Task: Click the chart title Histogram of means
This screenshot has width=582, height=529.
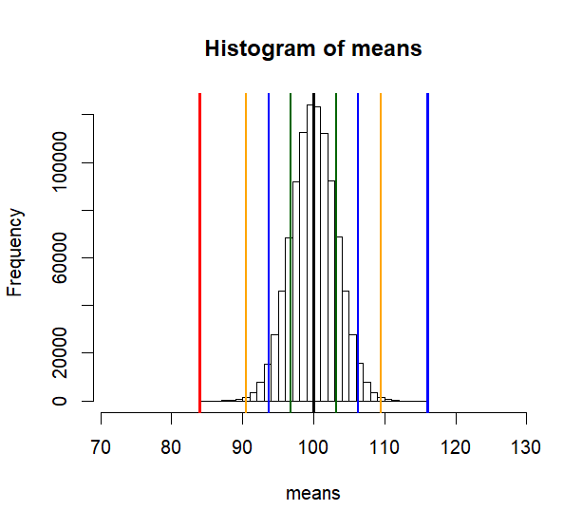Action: (313, 48)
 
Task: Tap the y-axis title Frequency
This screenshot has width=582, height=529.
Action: (15, 252)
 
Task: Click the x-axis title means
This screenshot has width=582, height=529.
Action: (313, 493)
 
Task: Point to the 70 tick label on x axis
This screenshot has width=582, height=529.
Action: (101, 446)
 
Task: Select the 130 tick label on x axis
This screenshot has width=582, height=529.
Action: (525, 446)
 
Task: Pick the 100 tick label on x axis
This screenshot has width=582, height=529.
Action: (313, 446)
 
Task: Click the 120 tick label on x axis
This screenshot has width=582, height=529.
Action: (455, 446)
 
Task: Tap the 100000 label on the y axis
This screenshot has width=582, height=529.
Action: (60, 162)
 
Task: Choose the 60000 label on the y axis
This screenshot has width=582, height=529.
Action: (60, 257)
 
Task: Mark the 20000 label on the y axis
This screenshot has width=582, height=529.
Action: (60, 352)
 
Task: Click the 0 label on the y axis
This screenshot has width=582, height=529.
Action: (60, 401)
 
